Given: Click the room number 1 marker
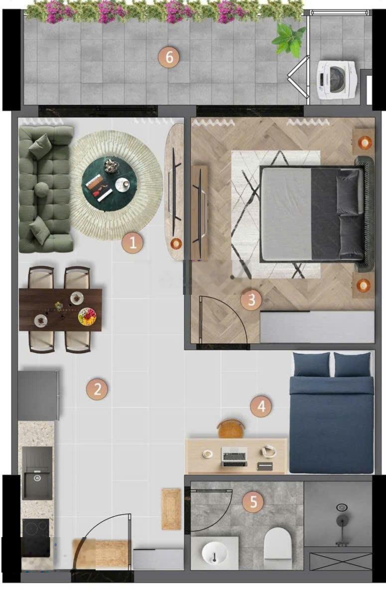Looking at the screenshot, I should pos(132,243).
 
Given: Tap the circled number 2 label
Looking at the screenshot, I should pos(97,389).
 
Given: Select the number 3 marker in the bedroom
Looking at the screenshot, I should pos(251,300).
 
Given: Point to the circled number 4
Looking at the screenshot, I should pos(261,406).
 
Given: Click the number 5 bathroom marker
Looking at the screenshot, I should pos(253,502).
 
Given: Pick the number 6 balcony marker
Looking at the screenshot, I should pos(169,58).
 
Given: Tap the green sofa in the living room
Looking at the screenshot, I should pos(45,190).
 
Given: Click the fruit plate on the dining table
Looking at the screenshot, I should pos(87,317).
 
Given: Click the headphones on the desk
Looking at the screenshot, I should pos(269,451).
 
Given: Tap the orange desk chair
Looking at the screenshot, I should pos(231,428).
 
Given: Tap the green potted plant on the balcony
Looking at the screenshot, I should pos(289,39).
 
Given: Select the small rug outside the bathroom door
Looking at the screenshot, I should pos(171,509).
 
